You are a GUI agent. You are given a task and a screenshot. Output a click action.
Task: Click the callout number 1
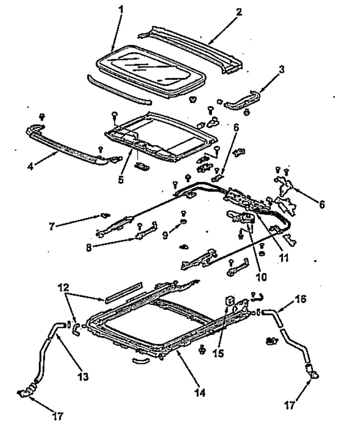click(121, 10)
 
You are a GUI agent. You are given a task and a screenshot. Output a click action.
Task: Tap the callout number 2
click(238, 12)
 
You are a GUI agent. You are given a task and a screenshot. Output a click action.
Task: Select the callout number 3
click(282, 70)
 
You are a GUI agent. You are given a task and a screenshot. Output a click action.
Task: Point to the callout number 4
click(30, 166)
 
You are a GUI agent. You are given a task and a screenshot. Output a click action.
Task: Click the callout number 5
click(121, 179)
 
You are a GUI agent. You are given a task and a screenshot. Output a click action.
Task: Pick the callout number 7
click(52, 226)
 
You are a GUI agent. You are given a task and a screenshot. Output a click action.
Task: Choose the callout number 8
click(89, 248)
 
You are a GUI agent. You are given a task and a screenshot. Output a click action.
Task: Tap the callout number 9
click(165, 235)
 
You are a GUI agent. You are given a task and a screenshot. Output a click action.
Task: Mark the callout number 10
click(261, 277)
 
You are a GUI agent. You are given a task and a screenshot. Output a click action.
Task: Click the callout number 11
click(284, 258)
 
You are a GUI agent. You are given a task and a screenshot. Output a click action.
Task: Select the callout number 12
click(63, 287)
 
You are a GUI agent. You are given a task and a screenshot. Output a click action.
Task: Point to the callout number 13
click(83, 376)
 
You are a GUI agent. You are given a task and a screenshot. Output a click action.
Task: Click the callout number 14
click(200, 392)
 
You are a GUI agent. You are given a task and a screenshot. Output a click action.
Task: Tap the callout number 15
click(218, 353)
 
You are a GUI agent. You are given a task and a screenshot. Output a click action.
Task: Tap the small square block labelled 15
click(230, 301)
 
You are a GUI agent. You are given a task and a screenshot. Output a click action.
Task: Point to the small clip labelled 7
click(105, 215)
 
